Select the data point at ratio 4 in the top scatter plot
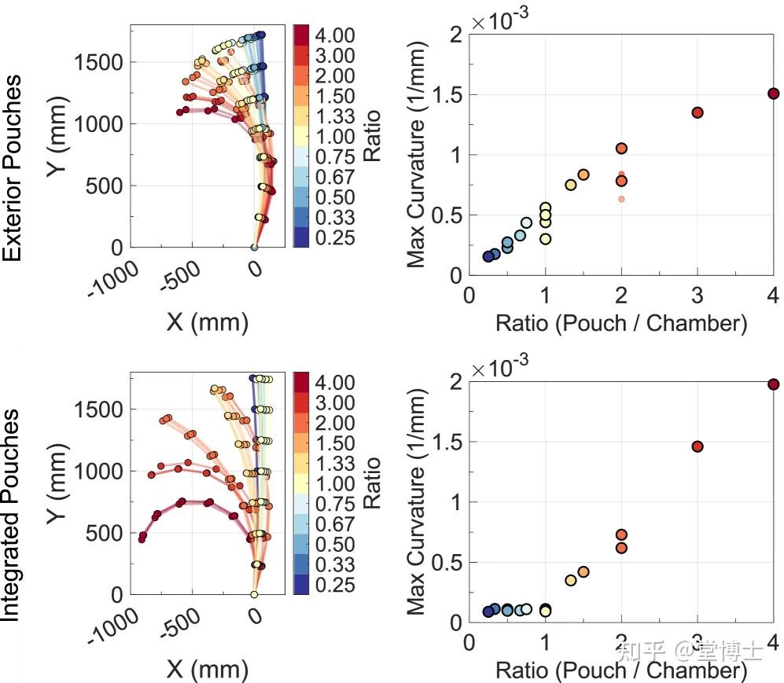point(774,94)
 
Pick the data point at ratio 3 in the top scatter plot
point(698,112)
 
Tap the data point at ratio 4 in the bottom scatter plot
point(774,384)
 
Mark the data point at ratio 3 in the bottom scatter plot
point(698,446)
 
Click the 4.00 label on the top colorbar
point(335,35)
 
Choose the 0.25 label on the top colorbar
point(335,238)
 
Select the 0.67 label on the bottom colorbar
point(335,524)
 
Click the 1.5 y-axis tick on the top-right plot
point(445,94)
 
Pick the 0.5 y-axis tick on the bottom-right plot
point(445,562)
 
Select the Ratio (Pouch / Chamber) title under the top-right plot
point(621,323)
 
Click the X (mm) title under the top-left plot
point(207,321)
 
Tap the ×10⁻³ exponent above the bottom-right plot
point(500,368)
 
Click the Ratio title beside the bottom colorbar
point(372,483)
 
